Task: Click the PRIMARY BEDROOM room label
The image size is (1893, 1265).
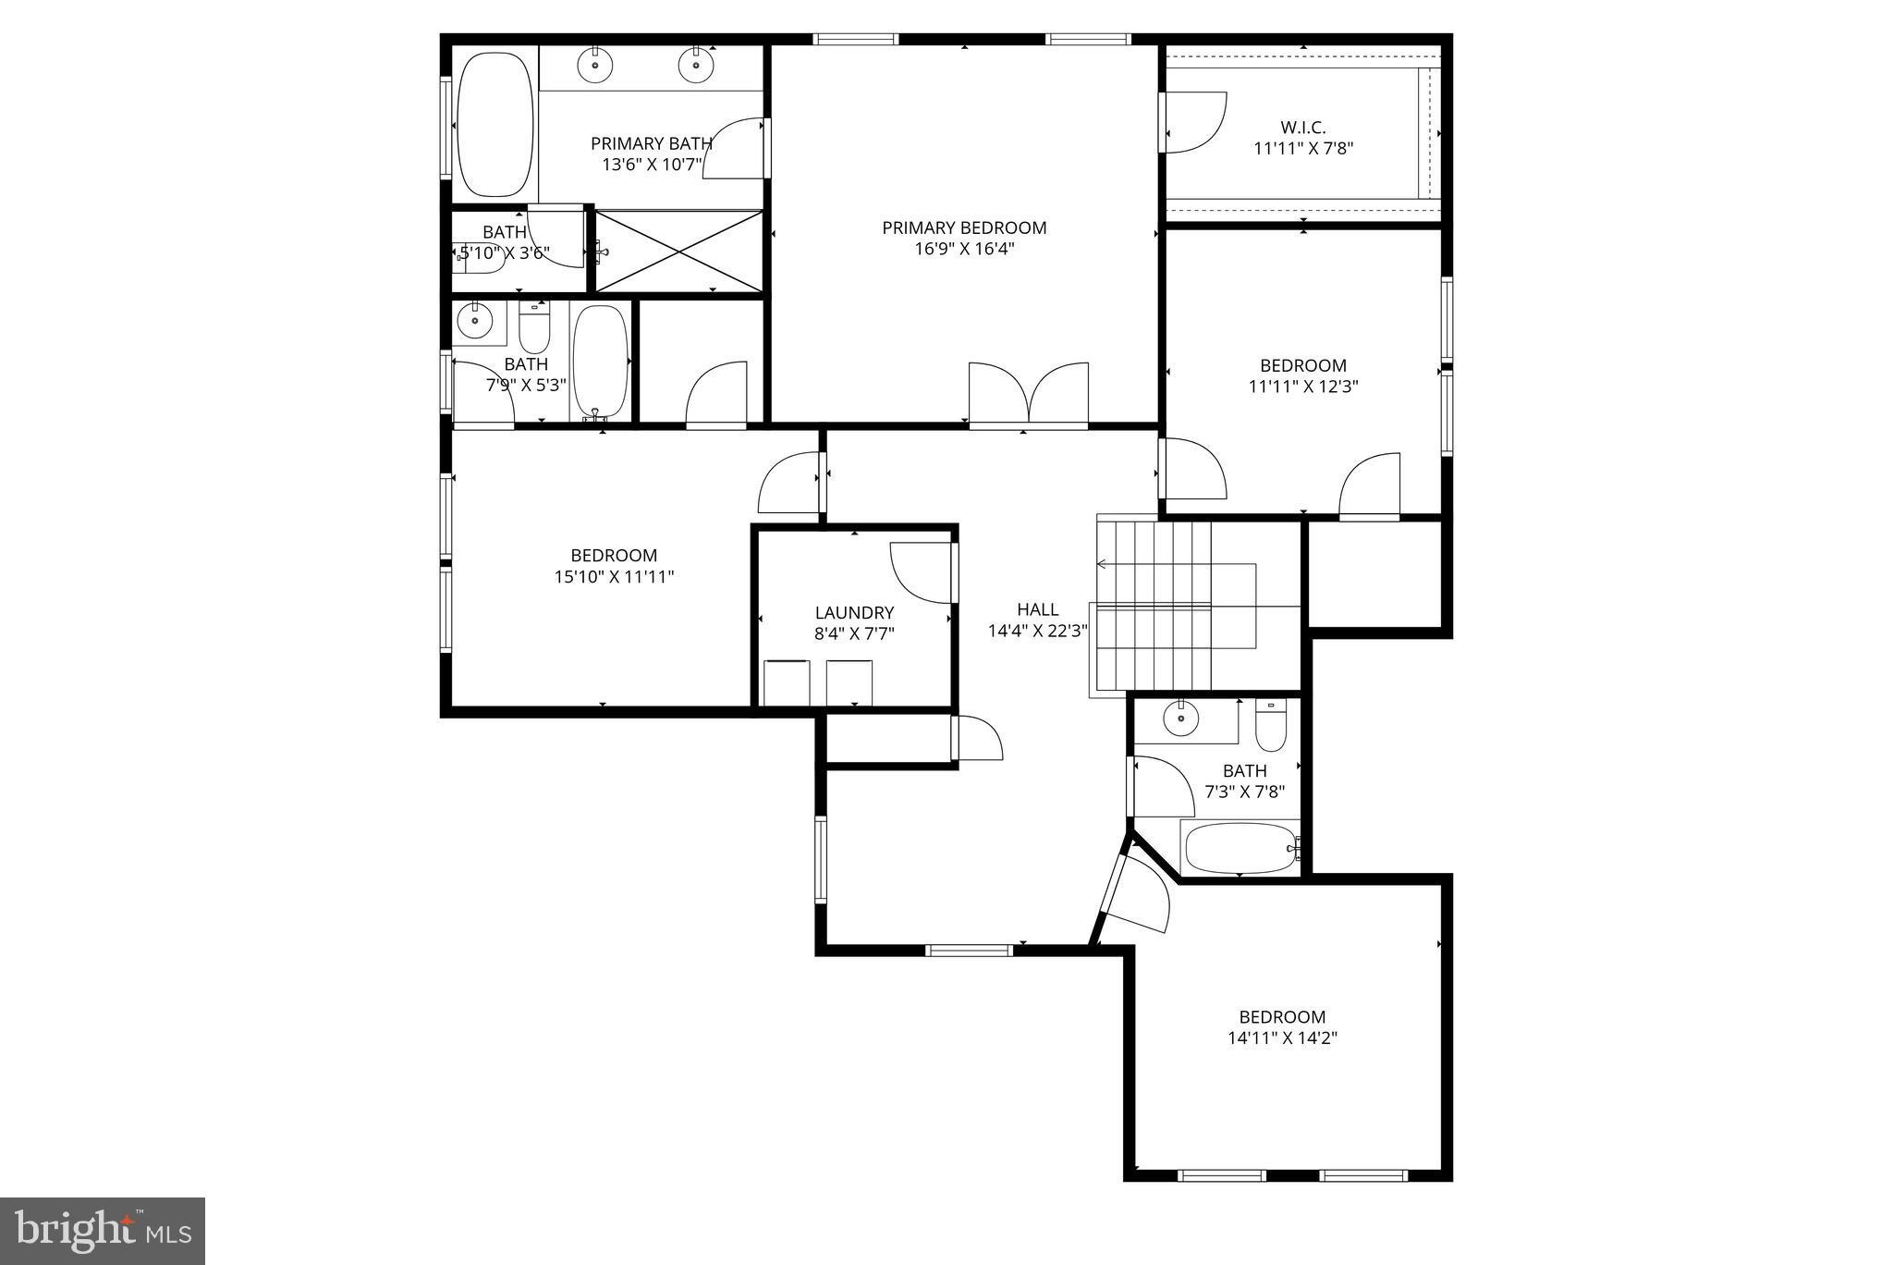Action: tap(964, 227)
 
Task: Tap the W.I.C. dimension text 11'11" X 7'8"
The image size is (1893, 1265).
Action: tap(1303, 148)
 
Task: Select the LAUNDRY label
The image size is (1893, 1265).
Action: tap(854, 612)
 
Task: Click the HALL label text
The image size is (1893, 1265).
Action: tap(1037, 609)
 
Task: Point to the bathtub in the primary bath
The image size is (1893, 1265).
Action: tap(496, 124)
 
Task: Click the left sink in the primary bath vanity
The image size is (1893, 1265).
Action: tap(596, 65)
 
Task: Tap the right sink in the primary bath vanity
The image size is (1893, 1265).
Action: tap(696, 65)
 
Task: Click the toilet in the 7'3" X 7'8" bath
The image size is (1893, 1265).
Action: tap(1271, 727)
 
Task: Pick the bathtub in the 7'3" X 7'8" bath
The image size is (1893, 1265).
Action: tap(1240, 848)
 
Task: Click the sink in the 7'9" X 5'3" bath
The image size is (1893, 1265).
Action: tap(475, 321)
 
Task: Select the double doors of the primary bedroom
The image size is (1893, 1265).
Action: tap(1028, 395)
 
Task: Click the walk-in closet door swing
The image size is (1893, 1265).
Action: tap(1194, 122)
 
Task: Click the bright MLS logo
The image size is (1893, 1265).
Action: tap(103, 1231)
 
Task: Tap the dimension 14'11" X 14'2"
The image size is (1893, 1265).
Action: tap(1282, 1038)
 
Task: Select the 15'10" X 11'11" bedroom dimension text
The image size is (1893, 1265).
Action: tap(614, 576)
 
